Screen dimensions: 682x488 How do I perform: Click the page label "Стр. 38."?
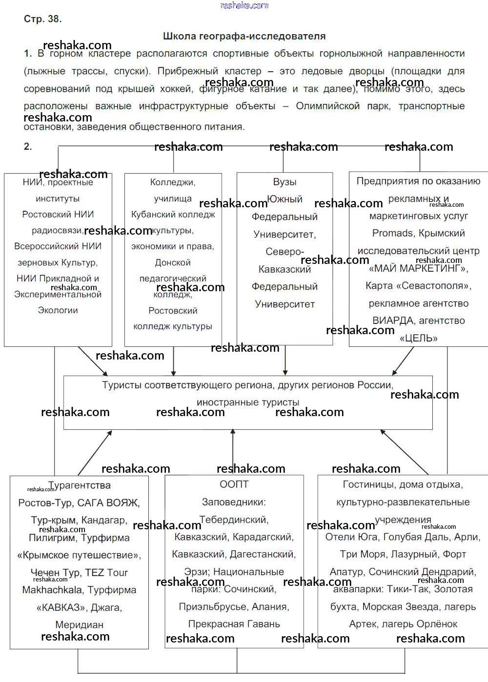(42, 19)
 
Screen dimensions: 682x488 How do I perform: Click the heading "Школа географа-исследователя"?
(244, 36)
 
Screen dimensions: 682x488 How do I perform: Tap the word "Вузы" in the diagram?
(285, 182)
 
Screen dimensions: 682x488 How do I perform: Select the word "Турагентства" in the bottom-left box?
(80, 485)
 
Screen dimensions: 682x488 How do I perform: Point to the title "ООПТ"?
(234, 484)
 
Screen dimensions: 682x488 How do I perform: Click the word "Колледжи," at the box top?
(173, 182)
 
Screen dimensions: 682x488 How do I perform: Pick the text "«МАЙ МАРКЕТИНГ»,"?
(418, 268)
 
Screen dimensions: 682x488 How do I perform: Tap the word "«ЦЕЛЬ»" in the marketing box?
(418, 338)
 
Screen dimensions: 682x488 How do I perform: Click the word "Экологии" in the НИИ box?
(58, 310)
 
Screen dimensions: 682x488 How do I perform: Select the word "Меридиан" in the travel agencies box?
(79, 625)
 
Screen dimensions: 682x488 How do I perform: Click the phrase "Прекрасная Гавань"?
(234, 624)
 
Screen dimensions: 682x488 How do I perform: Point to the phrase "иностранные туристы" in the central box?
(248, 402)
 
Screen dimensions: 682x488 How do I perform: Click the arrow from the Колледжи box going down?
(173, 361)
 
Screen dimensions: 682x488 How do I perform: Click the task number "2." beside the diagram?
(28, 146)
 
